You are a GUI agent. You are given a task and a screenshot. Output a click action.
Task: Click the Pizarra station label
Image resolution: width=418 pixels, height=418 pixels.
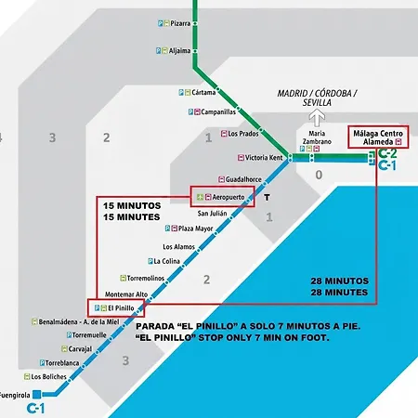(180, 23)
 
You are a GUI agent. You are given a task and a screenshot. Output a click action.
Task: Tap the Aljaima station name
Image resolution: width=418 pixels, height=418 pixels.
(179, 50)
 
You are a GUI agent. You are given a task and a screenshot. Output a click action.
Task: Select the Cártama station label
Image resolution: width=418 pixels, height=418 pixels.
(203, 92)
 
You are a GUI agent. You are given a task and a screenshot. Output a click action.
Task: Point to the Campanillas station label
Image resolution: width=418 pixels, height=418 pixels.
(218, 111)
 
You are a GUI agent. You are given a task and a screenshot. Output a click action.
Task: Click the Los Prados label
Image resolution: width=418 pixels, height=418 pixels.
(243, 134)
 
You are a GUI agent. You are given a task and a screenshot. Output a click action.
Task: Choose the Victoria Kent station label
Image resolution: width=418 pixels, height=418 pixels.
(264, 158)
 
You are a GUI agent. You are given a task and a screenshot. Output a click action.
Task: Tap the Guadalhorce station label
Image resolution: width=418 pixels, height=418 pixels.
(243, 179)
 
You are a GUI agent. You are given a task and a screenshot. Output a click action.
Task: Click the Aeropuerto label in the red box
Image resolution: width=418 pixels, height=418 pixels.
(229, 197)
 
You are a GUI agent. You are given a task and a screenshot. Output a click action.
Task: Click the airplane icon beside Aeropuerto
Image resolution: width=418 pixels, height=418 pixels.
(200, 197)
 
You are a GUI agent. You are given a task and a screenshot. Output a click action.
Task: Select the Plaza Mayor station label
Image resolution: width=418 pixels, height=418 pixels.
(195, 229)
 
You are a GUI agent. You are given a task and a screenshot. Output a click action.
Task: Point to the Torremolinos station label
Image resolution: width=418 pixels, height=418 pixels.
(146, 278)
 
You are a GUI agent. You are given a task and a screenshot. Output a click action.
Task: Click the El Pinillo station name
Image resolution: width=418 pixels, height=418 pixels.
(121, 308)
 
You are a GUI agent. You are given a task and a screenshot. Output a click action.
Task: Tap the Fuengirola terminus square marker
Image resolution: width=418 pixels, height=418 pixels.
(37, 394)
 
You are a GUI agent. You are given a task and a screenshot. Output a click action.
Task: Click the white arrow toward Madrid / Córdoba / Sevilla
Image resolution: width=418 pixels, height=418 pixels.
(317, 118)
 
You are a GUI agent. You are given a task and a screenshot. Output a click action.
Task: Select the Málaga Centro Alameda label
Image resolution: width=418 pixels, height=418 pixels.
(378, 137)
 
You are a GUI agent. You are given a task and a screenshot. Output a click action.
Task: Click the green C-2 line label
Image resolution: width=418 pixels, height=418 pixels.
(387, 153)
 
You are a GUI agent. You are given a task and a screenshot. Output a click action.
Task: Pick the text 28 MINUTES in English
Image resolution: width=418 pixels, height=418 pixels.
(339, 293)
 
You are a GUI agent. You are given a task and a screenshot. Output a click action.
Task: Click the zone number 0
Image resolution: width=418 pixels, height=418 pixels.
(319, 175)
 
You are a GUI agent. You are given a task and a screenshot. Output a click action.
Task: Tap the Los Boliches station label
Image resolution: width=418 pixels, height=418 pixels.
(48, 377)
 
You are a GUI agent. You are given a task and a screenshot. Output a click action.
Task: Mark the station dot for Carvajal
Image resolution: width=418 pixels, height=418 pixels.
(98, 352)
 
